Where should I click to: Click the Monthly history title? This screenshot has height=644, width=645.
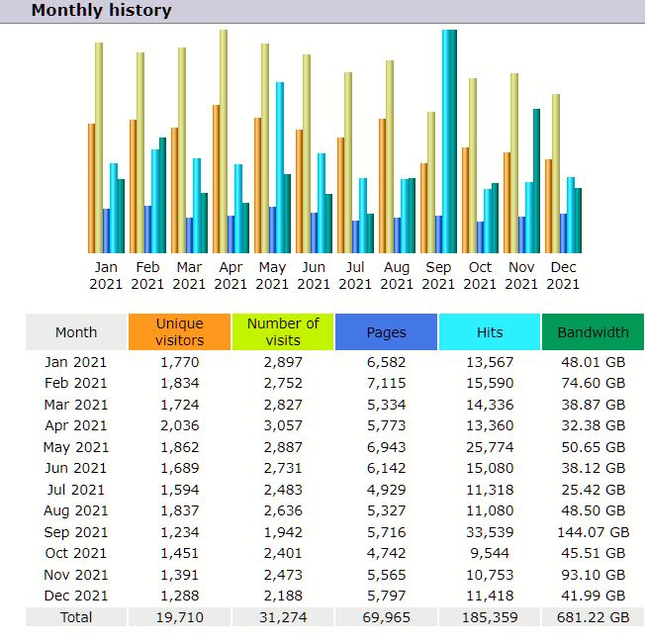pyautogui.click(x=101, y=11)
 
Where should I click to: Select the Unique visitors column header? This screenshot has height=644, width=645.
pyautogui.click(x=179, y=332)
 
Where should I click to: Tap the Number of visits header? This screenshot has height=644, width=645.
pyautogui.click(x=283, y=332)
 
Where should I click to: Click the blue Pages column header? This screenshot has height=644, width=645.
pyautogui.click(x=386, y=332)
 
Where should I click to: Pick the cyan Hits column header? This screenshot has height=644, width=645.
pyautogui.click(x=489, y=332)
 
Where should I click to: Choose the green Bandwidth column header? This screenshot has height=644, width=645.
pyautogui.click(x=593, y=332)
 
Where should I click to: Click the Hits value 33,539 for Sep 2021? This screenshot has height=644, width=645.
pyautogui.click(x=489, y=532)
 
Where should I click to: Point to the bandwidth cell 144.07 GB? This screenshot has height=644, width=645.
pyautogui.click(x=593, y=532)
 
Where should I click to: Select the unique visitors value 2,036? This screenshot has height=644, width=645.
pyautogui.click(x=179, y=425)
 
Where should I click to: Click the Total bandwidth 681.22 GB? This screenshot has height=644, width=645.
pyautogui.click(x=593, y=617)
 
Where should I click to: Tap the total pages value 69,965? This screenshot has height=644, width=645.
pyautogui.click(x=386, y=617)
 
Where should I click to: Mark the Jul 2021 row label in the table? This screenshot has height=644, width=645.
pyautogui.click(x=76, y=490)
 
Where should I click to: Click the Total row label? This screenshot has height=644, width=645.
pyautogui.click(x=76, y=617)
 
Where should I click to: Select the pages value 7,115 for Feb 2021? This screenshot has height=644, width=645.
pyautogui.click(x=386, y=383)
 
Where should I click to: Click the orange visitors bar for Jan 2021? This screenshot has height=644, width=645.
pyautogui.click(x=92, y=188)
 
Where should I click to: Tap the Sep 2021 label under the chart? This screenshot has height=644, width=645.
pyautogui.click(x=438, y=275)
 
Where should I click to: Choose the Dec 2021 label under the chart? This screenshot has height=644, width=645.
pyautogui.click(x=563, y=275)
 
